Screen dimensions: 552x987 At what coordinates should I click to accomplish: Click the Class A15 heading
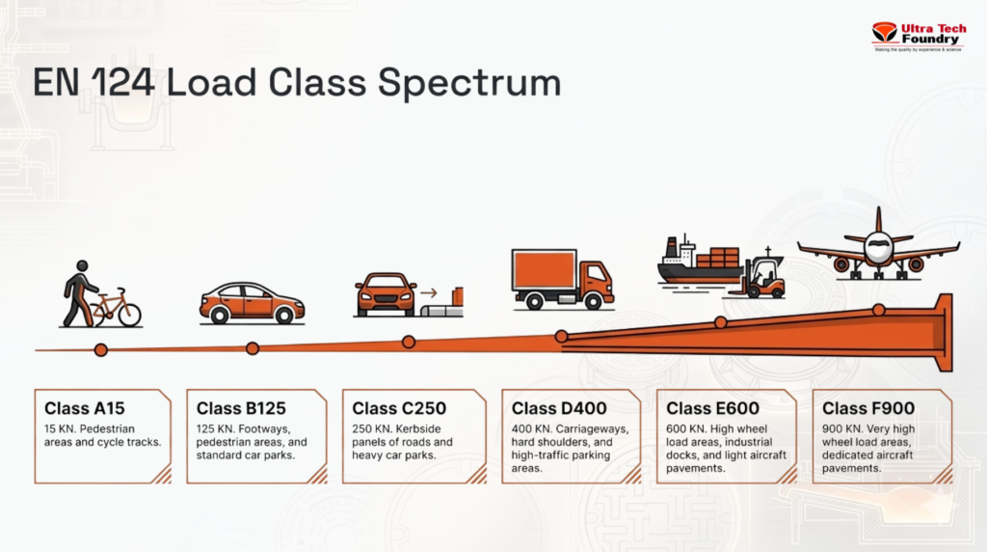pyautogui.click(x=85, y=408)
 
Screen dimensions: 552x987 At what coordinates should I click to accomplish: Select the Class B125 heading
pyautogui.click(x=241, y=408)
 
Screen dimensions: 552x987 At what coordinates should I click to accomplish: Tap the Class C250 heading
pyautogui.click(x=399, y=408)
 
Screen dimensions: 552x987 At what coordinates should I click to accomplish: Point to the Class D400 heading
pyautogui.click(x=559, y=408)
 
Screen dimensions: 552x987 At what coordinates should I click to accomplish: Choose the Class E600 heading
pyautogui.click(x=712, y=408)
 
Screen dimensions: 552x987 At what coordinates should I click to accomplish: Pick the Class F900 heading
pyautogui.click(x=868, y=408)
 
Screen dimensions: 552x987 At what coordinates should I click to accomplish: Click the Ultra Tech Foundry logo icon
pyautogui.click(x=884, y=33)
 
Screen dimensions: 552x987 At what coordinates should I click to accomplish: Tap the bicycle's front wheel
pyautogui.click(x=127, y=314)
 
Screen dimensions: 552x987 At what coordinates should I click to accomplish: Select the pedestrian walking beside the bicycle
pyautogui.click(x=79, y=292)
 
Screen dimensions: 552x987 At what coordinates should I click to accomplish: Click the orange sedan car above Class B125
pyautogui.click(x=252, y=302)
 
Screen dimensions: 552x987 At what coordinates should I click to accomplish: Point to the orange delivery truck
pyautogui.click(x=562, y=279)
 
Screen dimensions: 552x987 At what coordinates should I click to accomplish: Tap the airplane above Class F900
pyautogui.click(x=878, y=246)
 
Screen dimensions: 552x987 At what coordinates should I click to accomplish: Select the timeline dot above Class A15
pyautogui.click(x=100, y=350)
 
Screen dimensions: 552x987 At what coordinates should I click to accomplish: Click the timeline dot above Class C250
pyautogui.click(x=409, y=342)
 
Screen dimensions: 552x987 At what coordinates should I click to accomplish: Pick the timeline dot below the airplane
pyautogui.click(x=879, y=310)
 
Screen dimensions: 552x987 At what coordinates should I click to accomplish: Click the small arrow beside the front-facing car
pyautogui.click(x=429, y=292)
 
